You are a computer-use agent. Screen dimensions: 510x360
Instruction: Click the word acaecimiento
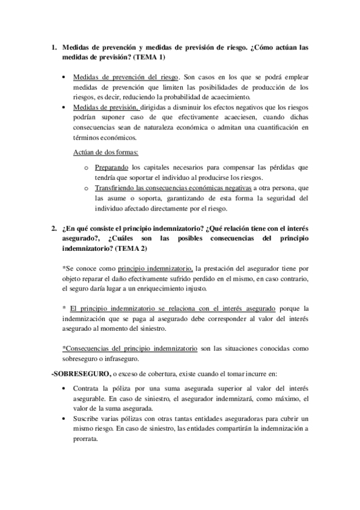coord(231,98)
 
